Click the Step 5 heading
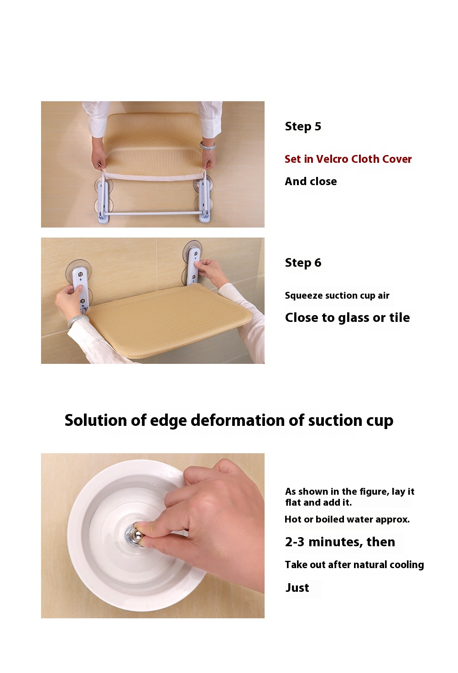[x=303, y=126]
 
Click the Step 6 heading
[x=303, y=263]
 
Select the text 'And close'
[x=311, y=181]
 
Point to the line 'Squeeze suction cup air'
[x=337, y=295]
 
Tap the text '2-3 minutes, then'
[x=340, y=542]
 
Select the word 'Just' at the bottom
[x=297, y=588]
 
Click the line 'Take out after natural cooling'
[x=354, y=565]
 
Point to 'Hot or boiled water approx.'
[x=347, y=519]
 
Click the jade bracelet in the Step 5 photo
[x=208, y=145]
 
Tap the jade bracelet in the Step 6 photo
[x=75, y=321]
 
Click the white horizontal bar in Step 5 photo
[x=153, y=213]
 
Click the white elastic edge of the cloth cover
[x=153, y=176]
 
